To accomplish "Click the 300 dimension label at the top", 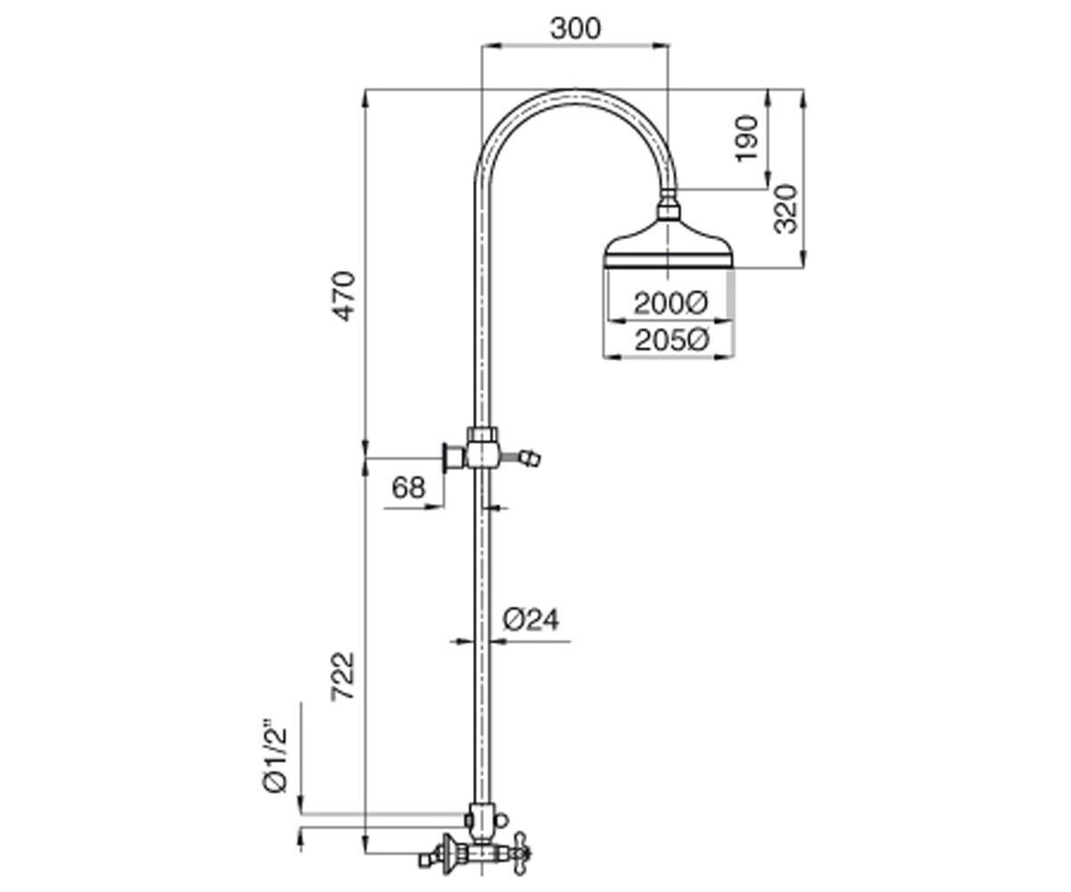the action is pos(575,29).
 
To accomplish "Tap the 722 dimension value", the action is pos(344,676).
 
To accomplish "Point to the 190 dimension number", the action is pos(746,139).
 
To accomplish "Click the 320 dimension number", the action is pos(785,209).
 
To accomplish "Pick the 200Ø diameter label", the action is pos(671,303).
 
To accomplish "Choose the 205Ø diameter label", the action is pos(672,340).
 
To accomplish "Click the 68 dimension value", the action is pos(408,487).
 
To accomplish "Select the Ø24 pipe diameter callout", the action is pos(531,620).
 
